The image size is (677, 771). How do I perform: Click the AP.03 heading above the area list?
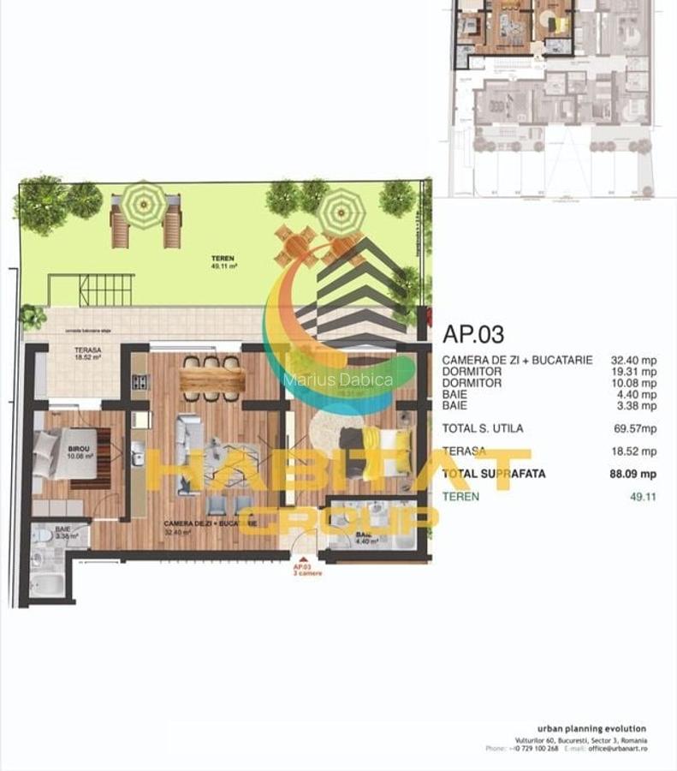pos(473,334)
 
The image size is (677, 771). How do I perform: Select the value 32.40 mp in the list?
pos(633,361)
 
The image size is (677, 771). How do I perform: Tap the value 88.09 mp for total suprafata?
pos(632,473)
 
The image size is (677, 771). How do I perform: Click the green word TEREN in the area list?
pos(461,496)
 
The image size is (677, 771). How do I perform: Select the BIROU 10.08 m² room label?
pos(80,451)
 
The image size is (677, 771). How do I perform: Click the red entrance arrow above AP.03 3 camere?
pos(307,558)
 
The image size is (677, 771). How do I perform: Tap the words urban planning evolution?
pos(586,729)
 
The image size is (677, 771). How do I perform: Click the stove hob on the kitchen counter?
pos(140,382)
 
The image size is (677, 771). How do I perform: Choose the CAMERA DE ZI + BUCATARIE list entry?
pos(517,361)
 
